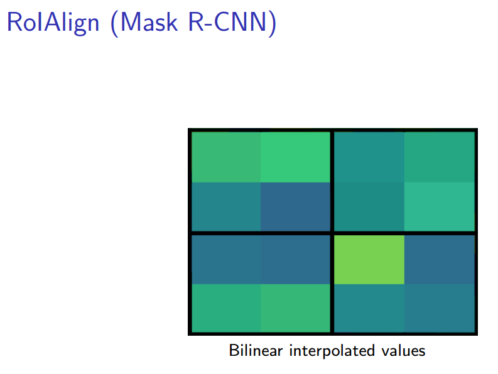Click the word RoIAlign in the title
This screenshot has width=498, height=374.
[x=52, y=23]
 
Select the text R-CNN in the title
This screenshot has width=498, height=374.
[x=229, y=23]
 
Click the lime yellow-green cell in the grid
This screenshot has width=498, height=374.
[x=369, y=259]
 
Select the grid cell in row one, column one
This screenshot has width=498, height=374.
[x=226, y=157]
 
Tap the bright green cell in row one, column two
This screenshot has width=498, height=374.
[x=295, y=157]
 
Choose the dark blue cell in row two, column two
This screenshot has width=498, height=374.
[x=295, y=206]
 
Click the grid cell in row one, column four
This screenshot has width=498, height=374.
[x=438, y=157]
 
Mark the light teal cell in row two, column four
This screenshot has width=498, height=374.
[x=438, y=206]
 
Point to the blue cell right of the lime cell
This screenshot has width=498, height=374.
[x=438, y=259]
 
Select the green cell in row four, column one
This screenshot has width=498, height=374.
[x=226, y=307]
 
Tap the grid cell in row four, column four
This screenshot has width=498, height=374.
[x=438, y=307]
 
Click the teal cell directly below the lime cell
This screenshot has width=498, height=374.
[x=369, y=307]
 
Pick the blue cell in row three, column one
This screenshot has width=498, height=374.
[x=226, y=259]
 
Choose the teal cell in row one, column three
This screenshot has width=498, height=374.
[x=369, y=157]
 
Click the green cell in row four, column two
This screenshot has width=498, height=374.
[x=295, y=307]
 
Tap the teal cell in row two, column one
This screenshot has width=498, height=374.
[x=226, y=206]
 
